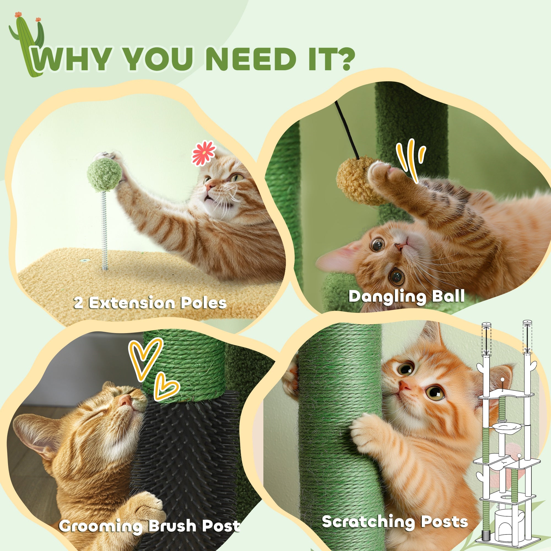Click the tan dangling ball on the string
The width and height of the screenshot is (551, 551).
354,181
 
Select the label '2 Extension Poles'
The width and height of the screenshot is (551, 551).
150,303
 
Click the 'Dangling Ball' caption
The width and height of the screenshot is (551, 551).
407,296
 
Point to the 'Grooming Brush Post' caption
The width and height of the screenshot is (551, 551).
149,526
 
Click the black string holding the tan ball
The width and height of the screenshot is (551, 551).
347,128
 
